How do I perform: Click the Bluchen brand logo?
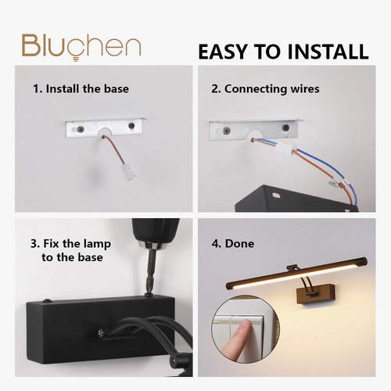(x=81, y=47)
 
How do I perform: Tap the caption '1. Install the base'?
(x=81, y=89)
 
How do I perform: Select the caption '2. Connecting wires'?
(x=265, y=89)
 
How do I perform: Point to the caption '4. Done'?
(x=233, y=244)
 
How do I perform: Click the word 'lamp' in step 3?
(x=97, y=244)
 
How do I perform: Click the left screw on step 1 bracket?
(x=81, y=128)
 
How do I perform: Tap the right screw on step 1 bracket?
(x=131, y=126)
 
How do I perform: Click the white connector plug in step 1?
(x=128, y=171)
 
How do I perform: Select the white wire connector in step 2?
(x=285, y=149)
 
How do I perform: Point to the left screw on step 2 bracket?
(x=227, y=130)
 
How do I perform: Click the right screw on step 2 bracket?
(x=286, y=127)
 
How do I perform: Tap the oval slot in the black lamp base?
(x=275, y=195)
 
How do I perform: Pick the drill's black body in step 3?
(x=156, y=231)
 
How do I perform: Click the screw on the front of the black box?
(x=101, y=332)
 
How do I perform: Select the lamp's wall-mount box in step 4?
(x=316, y=294)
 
